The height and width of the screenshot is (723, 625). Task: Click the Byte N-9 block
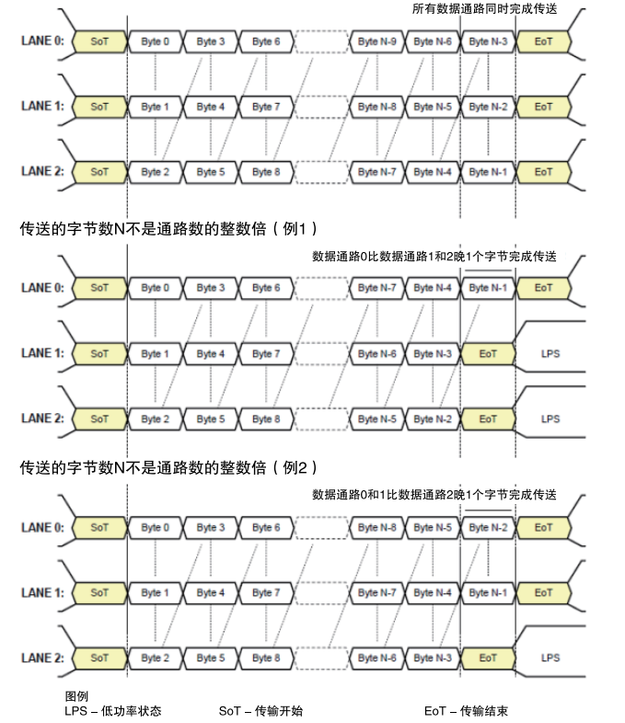click(376, 41)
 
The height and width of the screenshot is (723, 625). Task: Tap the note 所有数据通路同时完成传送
click(484, 9)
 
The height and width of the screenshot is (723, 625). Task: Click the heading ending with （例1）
click(168, 229)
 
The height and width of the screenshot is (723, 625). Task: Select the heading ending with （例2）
click(168, 467)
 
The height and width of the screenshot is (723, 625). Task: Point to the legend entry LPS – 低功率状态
click(113, 711)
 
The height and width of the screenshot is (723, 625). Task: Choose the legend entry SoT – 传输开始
click(260, 711)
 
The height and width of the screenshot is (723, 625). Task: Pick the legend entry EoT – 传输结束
click(466, 711)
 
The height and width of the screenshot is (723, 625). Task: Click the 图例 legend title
click(76, 696)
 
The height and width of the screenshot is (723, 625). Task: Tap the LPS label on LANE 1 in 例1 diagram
click(550, 353)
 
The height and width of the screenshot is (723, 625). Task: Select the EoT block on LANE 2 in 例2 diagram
click(488, 658)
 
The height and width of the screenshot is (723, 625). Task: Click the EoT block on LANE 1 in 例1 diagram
click(488, 353)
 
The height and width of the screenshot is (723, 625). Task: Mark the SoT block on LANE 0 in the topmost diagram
click(99, 41)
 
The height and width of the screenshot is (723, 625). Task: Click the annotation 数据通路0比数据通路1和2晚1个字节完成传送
click(434, 257)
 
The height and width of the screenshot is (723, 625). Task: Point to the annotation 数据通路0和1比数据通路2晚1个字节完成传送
click(434, 495)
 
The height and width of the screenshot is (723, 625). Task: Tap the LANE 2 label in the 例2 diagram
click(42, 658)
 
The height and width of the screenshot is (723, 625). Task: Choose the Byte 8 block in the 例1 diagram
click(266, 419)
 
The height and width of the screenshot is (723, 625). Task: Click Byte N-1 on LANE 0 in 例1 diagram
click(488, 288)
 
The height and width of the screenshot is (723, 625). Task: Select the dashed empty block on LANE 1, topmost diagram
click(321, 107)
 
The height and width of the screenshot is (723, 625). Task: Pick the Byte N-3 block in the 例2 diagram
click(433, 658)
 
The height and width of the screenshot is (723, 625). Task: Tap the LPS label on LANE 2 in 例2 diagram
click(550, 658)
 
